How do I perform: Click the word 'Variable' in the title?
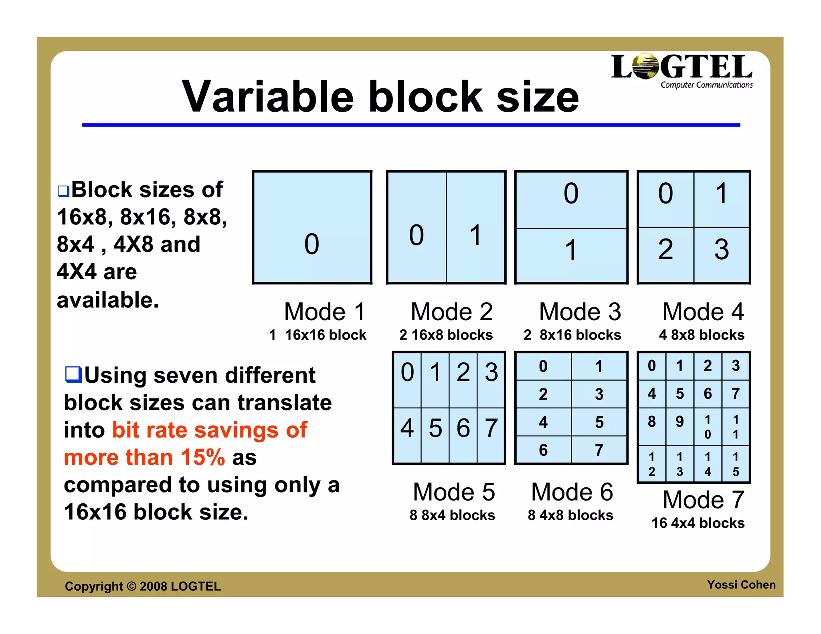(x=268, y=97)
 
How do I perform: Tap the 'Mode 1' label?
(x=325, y=312)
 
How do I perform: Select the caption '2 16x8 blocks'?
(x=446, y=335)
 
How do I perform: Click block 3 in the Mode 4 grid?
(x=722, y=255)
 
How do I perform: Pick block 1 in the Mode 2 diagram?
(x=476, y=227)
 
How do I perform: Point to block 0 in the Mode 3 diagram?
(x=571, y=200)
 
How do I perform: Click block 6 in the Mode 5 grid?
(x=463, y=436)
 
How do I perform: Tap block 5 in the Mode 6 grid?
(x=599, y=422)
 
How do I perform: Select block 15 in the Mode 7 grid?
(x=736, y=464)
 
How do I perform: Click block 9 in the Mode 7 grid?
(x=680, y=426)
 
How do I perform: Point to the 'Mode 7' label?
(x=704, y=500)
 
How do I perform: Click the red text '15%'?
(x=203, y=457)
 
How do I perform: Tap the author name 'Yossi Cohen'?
(x=741, y=585)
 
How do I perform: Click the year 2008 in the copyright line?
(x=153, y=586)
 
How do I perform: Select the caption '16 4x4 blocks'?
(x=698, y=523)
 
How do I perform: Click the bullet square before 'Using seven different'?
(x=73, y=374)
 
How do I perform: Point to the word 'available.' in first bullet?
(x=108, y=300)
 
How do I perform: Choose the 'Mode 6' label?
(x=572, y=492)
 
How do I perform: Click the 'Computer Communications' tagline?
(x=706, y=85)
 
